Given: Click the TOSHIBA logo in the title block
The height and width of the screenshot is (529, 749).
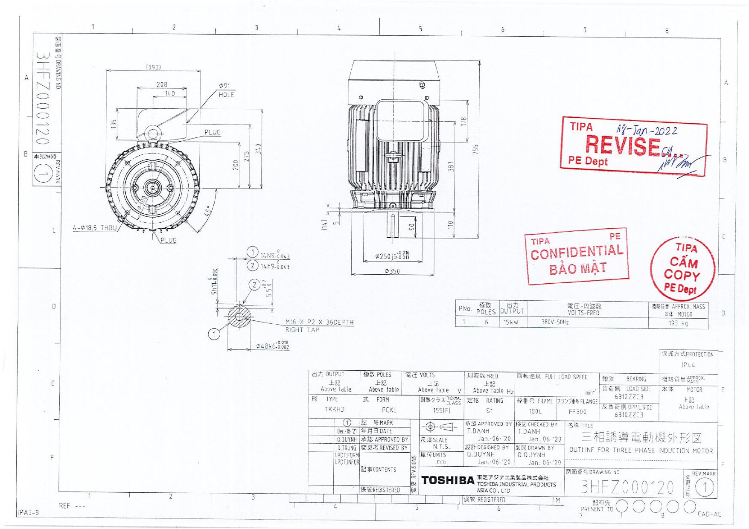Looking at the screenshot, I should [x=448, y=480].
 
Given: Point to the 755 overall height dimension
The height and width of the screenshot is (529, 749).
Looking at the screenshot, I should [x=475, y=149].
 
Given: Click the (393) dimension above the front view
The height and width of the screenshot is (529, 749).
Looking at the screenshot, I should [x=153, y=67].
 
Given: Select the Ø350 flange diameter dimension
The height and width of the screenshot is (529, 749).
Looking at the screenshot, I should [x=392, y=271].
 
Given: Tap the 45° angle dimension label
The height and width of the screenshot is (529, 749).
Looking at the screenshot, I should [x=208, y=211].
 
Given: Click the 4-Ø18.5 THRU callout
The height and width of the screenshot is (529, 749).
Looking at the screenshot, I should [x=95, y=228].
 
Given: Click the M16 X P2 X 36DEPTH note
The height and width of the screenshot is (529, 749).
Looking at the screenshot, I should [x=319, y=323].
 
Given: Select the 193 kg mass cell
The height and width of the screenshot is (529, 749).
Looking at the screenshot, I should [x=678, y=323].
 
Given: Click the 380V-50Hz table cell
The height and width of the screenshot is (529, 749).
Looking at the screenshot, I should [x=555, y=322].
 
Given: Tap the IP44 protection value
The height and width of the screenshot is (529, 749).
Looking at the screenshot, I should [x=688, y=365].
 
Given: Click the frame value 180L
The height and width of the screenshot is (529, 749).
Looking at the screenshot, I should [x=535, y=412].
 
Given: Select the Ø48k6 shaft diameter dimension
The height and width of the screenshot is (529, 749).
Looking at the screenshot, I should [x=272, y=346].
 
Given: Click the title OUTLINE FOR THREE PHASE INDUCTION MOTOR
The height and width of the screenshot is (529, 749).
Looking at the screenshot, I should [x=641, y=451].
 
